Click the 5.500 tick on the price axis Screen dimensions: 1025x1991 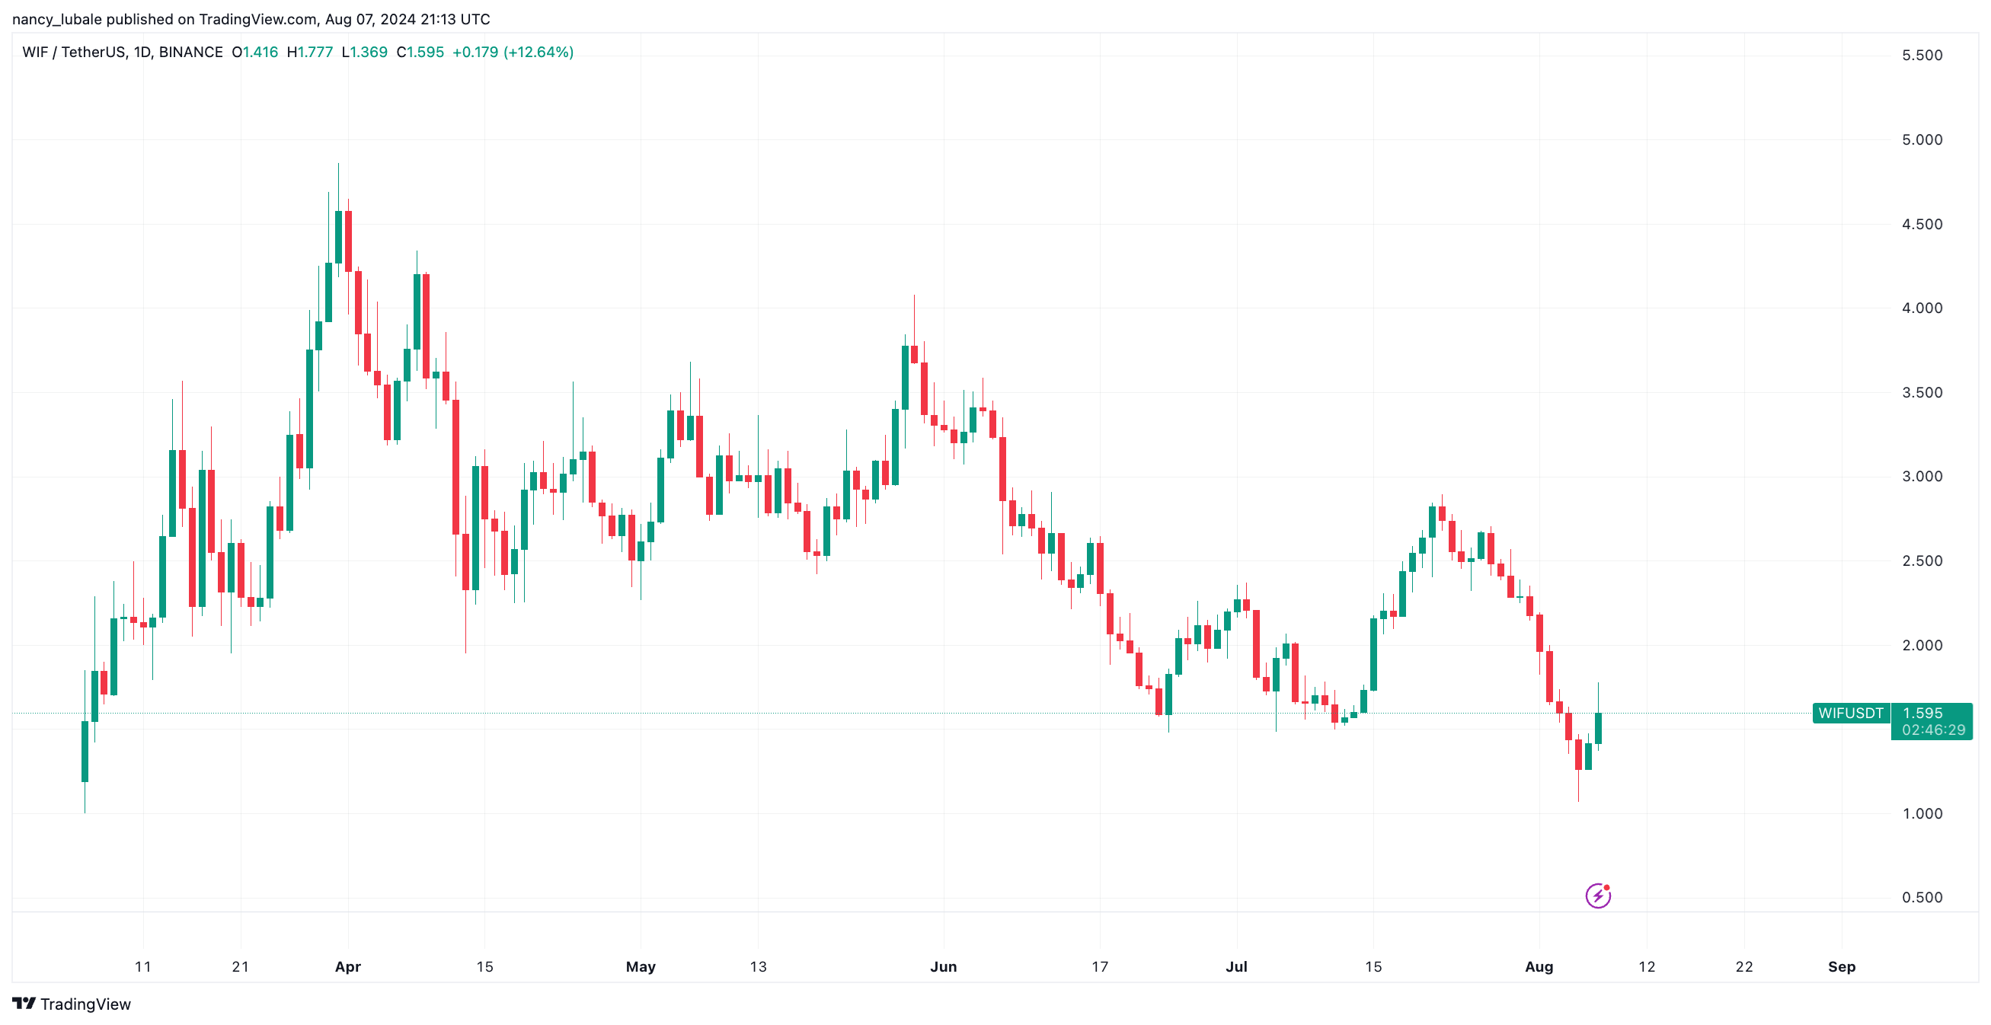click(x=1922, y=56)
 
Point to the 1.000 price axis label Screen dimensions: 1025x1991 click(x=1922, y=813)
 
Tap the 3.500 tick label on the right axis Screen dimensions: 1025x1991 click(x=1922, y=393)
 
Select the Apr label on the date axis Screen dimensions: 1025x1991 click(x=348, y=966)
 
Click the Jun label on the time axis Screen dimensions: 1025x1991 click(x=943, y=966)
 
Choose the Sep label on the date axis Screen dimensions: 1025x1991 click(x=1841, y=966)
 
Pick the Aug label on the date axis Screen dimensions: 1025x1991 click(x=1538, y=966)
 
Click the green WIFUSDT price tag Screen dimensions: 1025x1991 click(x=1850, y=713)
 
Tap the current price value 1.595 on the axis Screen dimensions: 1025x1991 click(x=1922, y=713)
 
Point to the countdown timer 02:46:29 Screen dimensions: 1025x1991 click(x=1933, y=730)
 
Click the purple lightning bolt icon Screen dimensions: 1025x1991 click(x=1597, y=896)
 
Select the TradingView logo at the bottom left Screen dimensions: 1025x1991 click(x=71, y=1004)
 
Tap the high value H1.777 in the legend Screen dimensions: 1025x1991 click(x=309, y=53)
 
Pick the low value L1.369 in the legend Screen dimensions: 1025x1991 click(x=364, y=53)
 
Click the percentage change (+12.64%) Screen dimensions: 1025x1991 click(x=538, y=53)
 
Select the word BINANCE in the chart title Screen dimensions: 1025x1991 click(x=190, y=53)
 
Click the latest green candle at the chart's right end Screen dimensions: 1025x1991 click(x=1597, y=727)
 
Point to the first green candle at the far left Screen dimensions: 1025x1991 click(x=85, y=751)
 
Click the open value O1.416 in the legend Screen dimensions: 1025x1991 click(x=254, y=53)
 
